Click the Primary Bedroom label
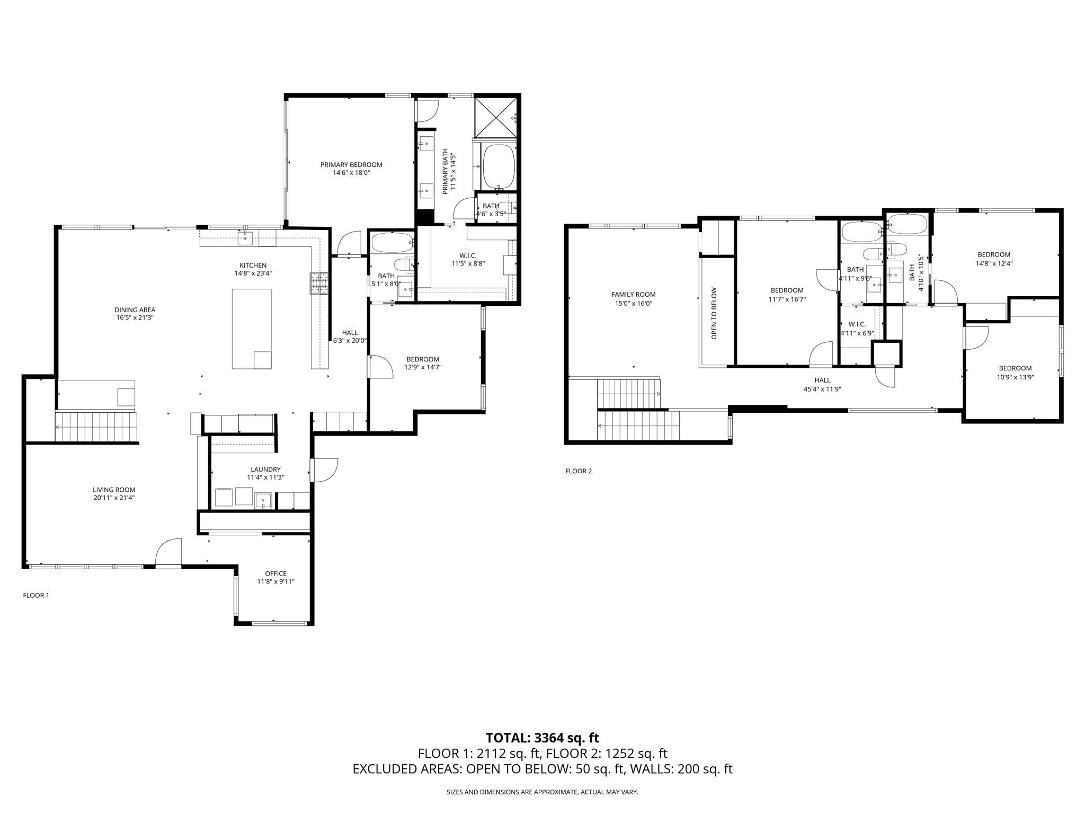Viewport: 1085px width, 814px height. [351, 165]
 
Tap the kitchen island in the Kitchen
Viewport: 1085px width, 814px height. [252, 329]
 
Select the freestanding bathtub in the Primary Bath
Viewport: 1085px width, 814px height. [498, 166]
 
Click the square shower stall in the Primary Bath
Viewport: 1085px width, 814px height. [495, 117]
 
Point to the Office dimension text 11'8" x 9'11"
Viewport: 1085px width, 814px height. [275, 581]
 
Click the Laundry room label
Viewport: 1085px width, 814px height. [265, 470]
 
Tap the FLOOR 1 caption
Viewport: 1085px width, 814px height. [36, 595]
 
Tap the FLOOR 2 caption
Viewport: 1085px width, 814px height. [579, 471]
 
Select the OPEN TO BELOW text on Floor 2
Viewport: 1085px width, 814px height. [714, 314]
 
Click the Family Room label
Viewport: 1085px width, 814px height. [633, 295]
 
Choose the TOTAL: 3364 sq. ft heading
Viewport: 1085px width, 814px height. [542, 738]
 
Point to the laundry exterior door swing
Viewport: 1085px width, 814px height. [324, 470]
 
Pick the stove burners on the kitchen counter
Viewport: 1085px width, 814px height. [319, 282]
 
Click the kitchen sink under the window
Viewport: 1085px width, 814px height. [245, 237]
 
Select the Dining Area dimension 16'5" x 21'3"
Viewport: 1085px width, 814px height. [135, 317]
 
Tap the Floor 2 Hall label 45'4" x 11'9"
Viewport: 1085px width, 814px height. [822, 388]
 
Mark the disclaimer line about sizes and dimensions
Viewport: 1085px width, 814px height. [542, 792]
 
